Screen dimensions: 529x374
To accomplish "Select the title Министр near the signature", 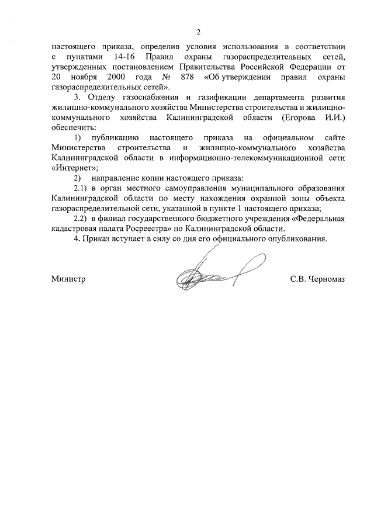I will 68,279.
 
